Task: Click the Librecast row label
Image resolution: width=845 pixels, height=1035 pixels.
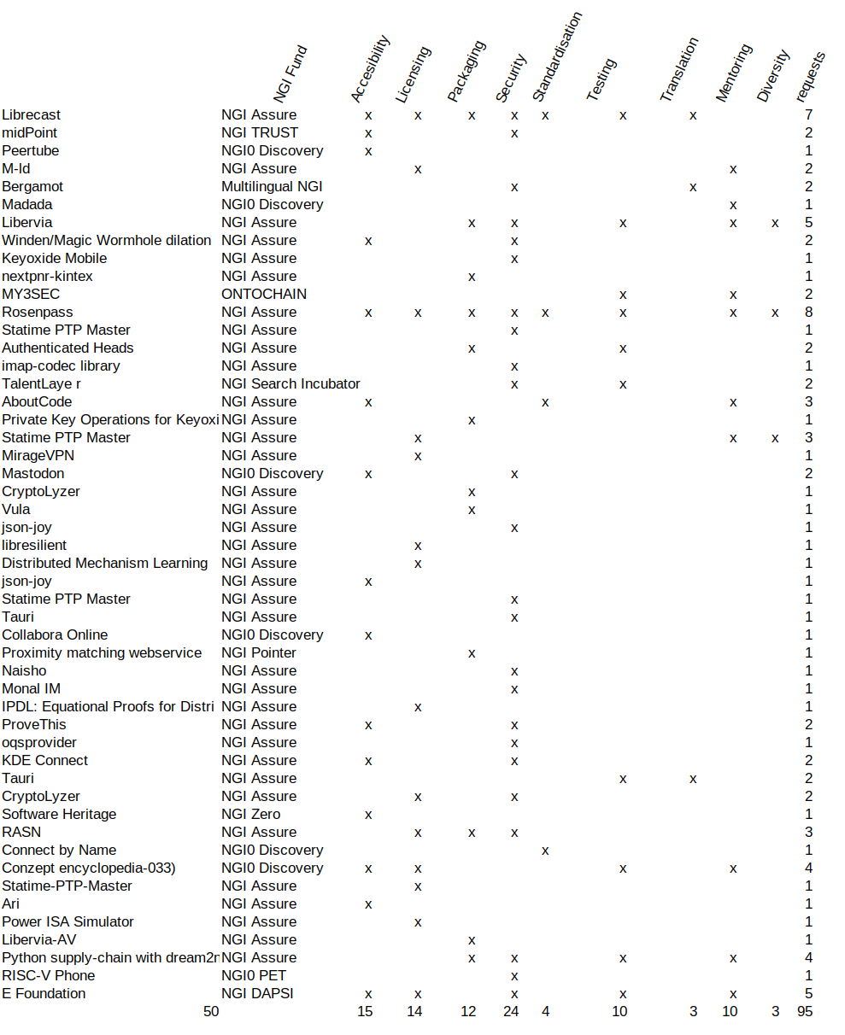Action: (x=31, y=114)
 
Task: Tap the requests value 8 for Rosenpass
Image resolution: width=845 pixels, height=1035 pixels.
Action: (x=807, y=313)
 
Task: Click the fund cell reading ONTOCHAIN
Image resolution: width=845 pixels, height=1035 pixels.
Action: (x=264, y=295)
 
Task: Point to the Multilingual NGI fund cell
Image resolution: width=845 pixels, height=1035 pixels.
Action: (x=272, y=187)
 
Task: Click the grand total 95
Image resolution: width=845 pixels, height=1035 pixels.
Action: (x=804, y=1012)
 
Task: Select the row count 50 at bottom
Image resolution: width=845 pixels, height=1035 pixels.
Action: (x=211, y=1012)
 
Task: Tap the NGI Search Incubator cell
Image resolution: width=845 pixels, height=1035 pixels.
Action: (x=290, y=384)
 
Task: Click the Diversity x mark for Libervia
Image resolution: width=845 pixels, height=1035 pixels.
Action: (x=775, y=223)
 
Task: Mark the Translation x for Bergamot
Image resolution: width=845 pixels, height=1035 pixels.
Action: (x=693, y=187)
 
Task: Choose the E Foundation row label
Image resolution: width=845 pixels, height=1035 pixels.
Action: (x=44, y=994)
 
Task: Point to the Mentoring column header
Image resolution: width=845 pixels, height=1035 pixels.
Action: (x=734, y=73)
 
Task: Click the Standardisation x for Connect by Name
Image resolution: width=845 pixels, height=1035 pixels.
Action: (x=545, y=851)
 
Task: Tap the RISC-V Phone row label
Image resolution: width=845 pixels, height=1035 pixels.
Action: (x=48, y=976)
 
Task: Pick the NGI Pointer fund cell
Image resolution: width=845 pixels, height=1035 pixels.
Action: (x=259, y=653)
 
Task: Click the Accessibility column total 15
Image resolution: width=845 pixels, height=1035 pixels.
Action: (x=365, y=1012)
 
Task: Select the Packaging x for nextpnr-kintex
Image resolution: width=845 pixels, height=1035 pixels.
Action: (x=472, y=277)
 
